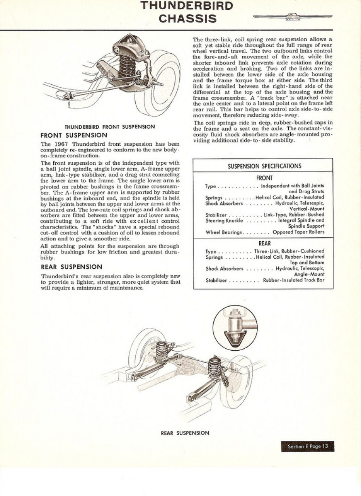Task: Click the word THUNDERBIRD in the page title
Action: [x=186, y=6]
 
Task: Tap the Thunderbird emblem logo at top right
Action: [x=292, y=17]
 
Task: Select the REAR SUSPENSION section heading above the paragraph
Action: [x=71, y=267]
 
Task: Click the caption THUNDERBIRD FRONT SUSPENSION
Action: [x=110, y=126]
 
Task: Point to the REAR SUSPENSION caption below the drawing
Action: [x=185, y=433]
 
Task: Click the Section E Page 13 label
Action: [x=308, y=446]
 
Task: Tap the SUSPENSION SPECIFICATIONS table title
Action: [x=264, y=166]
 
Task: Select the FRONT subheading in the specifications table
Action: [x=264, y=178]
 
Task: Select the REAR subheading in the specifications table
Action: [x=264, y=243]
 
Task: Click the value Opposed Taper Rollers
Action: [x=298, y=232]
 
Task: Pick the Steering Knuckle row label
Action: [x=224, y=221]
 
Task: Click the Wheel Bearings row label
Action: [x=223, y=232]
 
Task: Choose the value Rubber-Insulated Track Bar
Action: [x=294, y=280]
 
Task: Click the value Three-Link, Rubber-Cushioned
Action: [x=289, y=251]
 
